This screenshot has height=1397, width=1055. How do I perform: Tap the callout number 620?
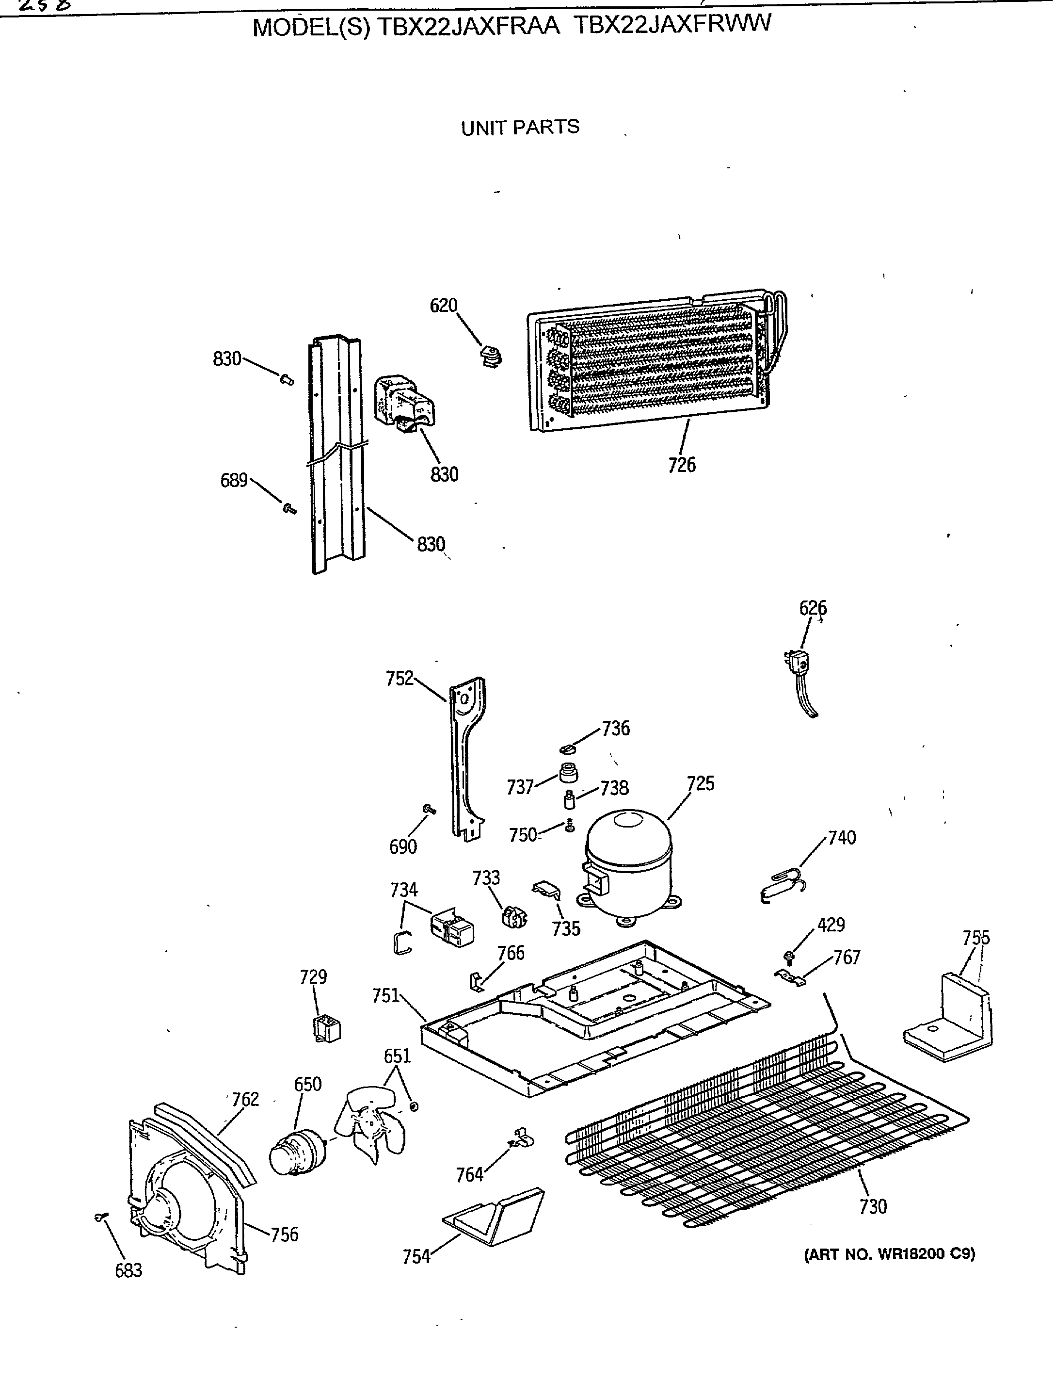click(443, 306)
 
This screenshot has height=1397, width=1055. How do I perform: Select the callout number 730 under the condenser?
click(873, 1206)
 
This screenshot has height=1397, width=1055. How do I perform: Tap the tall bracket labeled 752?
click(467, 758)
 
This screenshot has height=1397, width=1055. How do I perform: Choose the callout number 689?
click(234, 481)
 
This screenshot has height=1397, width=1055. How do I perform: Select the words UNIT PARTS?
click(520, 128)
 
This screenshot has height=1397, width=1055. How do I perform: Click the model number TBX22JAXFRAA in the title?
click(468, 27)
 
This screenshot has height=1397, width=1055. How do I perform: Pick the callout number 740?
click(842, 838)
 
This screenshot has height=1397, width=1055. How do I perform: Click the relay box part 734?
click(451, 928)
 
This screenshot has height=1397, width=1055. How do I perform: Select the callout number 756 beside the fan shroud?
click(284, 1234)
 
